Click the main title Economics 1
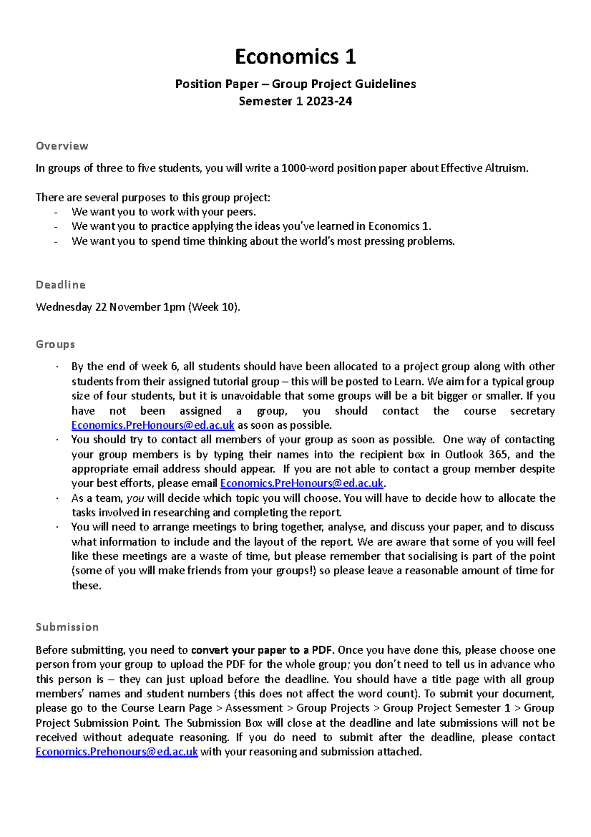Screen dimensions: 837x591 pos(295,57)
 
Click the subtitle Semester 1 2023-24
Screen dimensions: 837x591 pos(295,101)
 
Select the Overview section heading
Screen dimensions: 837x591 pos(62,146)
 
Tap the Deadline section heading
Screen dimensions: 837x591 pos(61,285)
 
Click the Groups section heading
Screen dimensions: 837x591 pos(55,344)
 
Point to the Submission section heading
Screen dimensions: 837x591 pos(67,627)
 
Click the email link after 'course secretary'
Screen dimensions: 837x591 pos(153,425)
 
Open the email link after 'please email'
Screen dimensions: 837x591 pos(301,484)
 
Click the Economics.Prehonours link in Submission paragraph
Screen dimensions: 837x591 pos(117,752)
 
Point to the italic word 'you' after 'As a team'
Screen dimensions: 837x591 pos(135,498)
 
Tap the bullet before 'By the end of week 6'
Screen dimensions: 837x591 pos(57,367)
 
